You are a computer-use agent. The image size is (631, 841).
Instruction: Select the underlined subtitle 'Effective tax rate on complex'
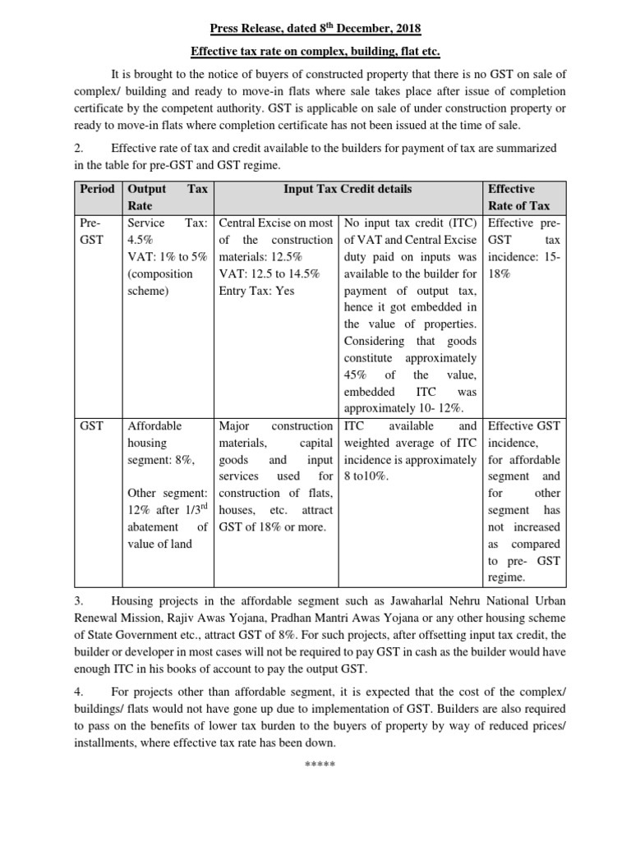tap(315, 51)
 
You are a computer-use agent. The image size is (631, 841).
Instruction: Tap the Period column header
tap(97, 189)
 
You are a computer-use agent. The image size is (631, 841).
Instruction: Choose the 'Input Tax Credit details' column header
tap(348, 189)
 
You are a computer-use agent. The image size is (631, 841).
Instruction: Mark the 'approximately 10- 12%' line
tap(403, 409)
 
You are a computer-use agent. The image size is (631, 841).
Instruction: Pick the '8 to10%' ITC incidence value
tap(370, 476)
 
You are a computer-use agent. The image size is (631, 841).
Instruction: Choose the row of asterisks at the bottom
tap(315, 765)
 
